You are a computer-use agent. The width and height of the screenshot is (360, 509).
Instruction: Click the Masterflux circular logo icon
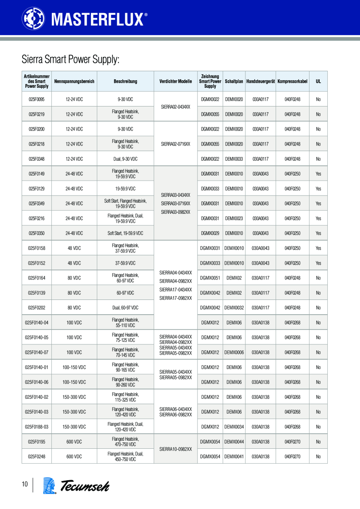tap(33, 18)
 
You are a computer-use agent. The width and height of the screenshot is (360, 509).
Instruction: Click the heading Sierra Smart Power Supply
tap(70, 59)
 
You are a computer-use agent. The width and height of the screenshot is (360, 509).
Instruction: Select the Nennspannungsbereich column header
tap(74, 81)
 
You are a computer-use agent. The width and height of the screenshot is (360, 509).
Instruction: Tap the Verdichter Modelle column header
tap(175, 81)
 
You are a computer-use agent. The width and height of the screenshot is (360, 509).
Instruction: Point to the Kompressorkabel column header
tap(292, 81)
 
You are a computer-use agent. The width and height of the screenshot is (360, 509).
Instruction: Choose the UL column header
tap(318, 81)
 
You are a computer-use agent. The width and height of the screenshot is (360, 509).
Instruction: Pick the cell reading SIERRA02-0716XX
tap(175, 144)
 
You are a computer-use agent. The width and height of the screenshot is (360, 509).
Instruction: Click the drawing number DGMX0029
tap(210, 233)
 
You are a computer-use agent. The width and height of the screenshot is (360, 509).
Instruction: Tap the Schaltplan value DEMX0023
tap(234, 218)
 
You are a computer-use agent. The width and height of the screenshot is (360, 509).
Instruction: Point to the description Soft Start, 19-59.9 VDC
tap(125, 233)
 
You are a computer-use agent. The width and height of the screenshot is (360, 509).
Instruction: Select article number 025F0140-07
tap(37, 352)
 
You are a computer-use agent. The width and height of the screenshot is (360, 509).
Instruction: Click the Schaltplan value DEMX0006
tap(234, 352)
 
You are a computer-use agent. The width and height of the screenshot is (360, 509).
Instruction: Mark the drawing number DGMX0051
tap(210, 278)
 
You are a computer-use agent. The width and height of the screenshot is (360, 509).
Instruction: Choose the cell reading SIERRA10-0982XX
tap(175, 449)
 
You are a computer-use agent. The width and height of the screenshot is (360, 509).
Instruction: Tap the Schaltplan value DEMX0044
tap(234, 442)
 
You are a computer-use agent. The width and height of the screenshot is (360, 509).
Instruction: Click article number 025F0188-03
tap(37, 427)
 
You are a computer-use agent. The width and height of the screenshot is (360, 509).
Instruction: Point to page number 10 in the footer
tap(25, 484)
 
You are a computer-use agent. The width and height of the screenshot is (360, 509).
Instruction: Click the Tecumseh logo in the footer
tap(76, 486)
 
